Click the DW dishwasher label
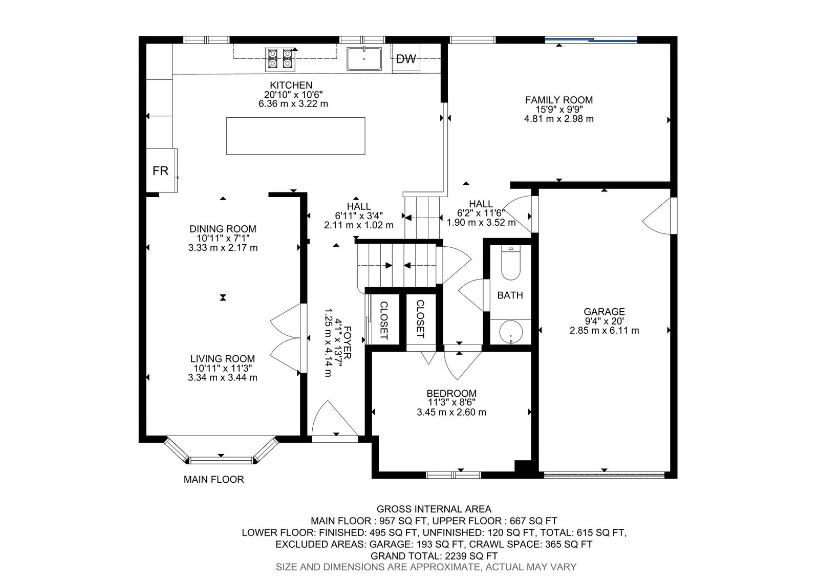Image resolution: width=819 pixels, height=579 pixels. (406, 59)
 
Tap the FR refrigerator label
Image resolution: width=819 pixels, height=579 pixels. (160, 170)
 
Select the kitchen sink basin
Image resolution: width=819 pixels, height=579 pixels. (364, 58)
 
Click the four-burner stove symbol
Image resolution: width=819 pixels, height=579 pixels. (280, 59)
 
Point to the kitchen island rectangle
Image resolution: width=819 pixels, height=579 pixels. (295, 136)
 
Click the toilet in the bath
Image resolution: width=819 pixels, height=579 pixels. (510, 263)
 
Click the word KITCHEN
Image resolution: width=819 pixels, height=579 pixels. (291, 85)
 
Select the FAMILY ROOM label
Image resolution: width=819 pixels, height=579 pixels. (558, 100)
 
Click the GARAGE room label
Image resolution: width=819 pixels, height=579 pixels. (604, 312)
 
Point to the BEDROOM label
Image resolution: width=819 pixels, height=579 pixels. (451, 393)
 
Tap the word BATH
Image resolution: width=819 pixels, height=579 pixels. (510, 295)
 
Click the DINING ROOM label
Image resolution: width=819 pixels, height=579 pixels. (223, 229)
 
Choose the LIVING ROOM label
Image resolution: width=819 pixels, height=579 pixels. (222, 359)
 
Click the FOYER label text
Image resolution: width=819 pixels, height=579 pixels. (347, 342)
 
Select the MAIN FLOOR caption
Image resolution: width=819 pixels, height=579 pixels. (213, 479)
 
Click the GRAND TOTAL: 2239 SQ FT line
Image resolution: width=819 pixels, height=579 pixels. (434, 556)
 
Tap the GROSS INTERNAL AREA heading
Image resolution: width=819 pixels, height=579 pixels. (434, 509)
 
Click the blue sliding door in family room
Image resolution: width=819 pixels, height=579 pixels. (591, 39)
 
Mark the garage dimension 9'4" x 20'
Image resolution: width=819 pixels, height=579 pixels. (604, 321)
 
